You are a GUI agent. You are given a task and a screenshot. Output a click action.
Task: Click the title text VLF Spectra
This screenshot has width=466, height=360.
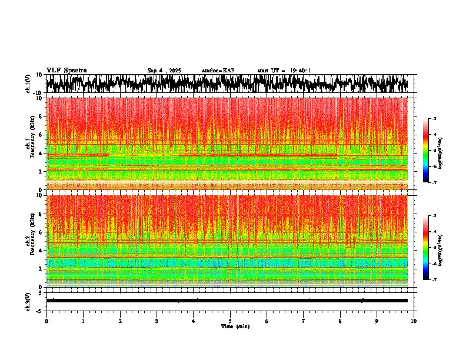(66, 71)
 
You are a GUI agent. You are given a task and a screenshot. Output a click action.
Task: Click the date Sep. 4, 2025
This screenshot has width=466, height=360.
(164, 71)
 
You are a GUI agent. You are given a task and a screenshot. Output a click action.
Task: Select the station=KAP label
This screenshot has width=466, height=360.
(218, 71)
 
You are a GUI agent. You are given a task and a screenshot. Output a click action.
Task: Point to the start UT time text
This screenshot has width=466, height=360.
(284, 71)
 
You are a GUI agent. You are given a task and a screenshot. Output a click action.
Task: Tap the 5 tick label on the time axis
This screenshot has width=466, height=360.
(230, 321)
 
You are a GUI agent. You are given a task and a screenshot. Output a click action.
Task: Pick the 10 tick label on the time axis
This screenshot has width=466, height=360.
(414, 321)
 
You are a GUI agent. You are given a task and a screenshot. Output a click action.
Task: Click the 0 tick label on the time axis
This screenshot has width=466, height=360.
(46, 321)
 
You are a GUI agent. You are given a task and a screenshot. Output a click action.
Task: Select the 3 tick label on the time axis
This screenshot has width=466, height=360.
(157, 321)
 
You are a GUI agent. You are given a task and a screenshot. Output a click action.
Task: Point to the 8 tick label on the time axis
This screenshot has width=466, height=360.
(340, 321)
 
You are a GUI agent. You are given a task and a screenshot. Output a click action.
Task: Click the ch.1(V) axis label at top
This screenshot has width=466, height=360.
(28, 84)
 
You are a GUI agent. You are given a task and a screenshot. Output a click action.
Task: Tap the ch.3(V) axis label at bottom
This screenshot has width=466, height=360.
(28, 301)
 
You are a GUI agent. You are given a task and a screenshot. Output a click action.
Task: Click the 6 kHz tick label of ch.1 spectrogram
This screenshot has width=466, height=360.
(39, 135)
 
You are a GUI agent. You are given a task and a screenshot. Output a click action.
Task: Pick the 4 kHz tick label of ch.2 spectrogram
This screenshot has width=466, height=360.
(39, 251)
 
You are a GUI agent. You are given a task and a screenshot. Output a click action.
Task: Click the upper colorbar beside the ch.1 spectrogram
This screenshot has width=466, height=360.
(426, 151)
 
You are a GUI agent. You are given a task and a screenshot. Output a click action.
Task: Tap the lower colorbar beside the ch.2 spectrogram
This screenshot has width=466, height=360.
(426, 248)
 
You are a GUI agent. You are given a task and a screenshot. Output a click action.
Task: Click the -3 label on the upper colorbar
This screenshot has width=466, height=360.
(434, 119)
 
